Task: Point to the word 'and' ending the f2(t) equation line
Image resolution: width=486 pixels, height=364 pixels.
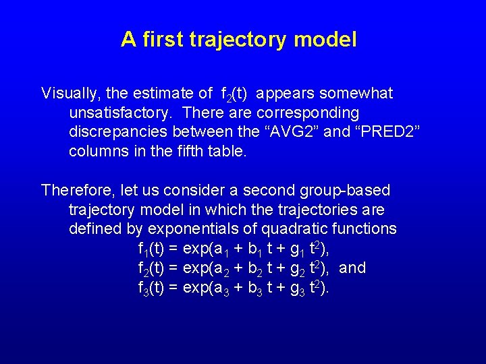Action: [352, 268]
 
